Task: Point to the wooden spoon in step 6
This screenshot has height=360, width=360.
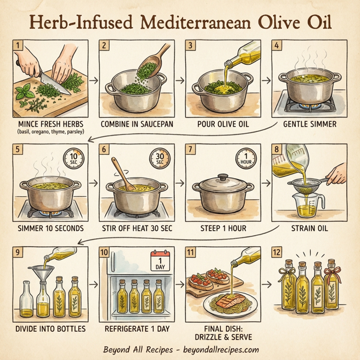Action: tap(124, 174)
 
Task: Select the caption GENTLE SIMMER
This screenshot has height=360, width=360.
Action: tap(308, 124)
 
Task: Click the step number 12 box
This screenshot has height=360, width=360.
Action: tap(280, 252)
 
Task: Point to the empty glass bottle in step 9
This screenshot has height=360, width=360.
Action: tap(26, 299)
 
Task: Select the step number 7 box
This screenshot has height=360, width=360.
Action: tap(192, 149)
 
